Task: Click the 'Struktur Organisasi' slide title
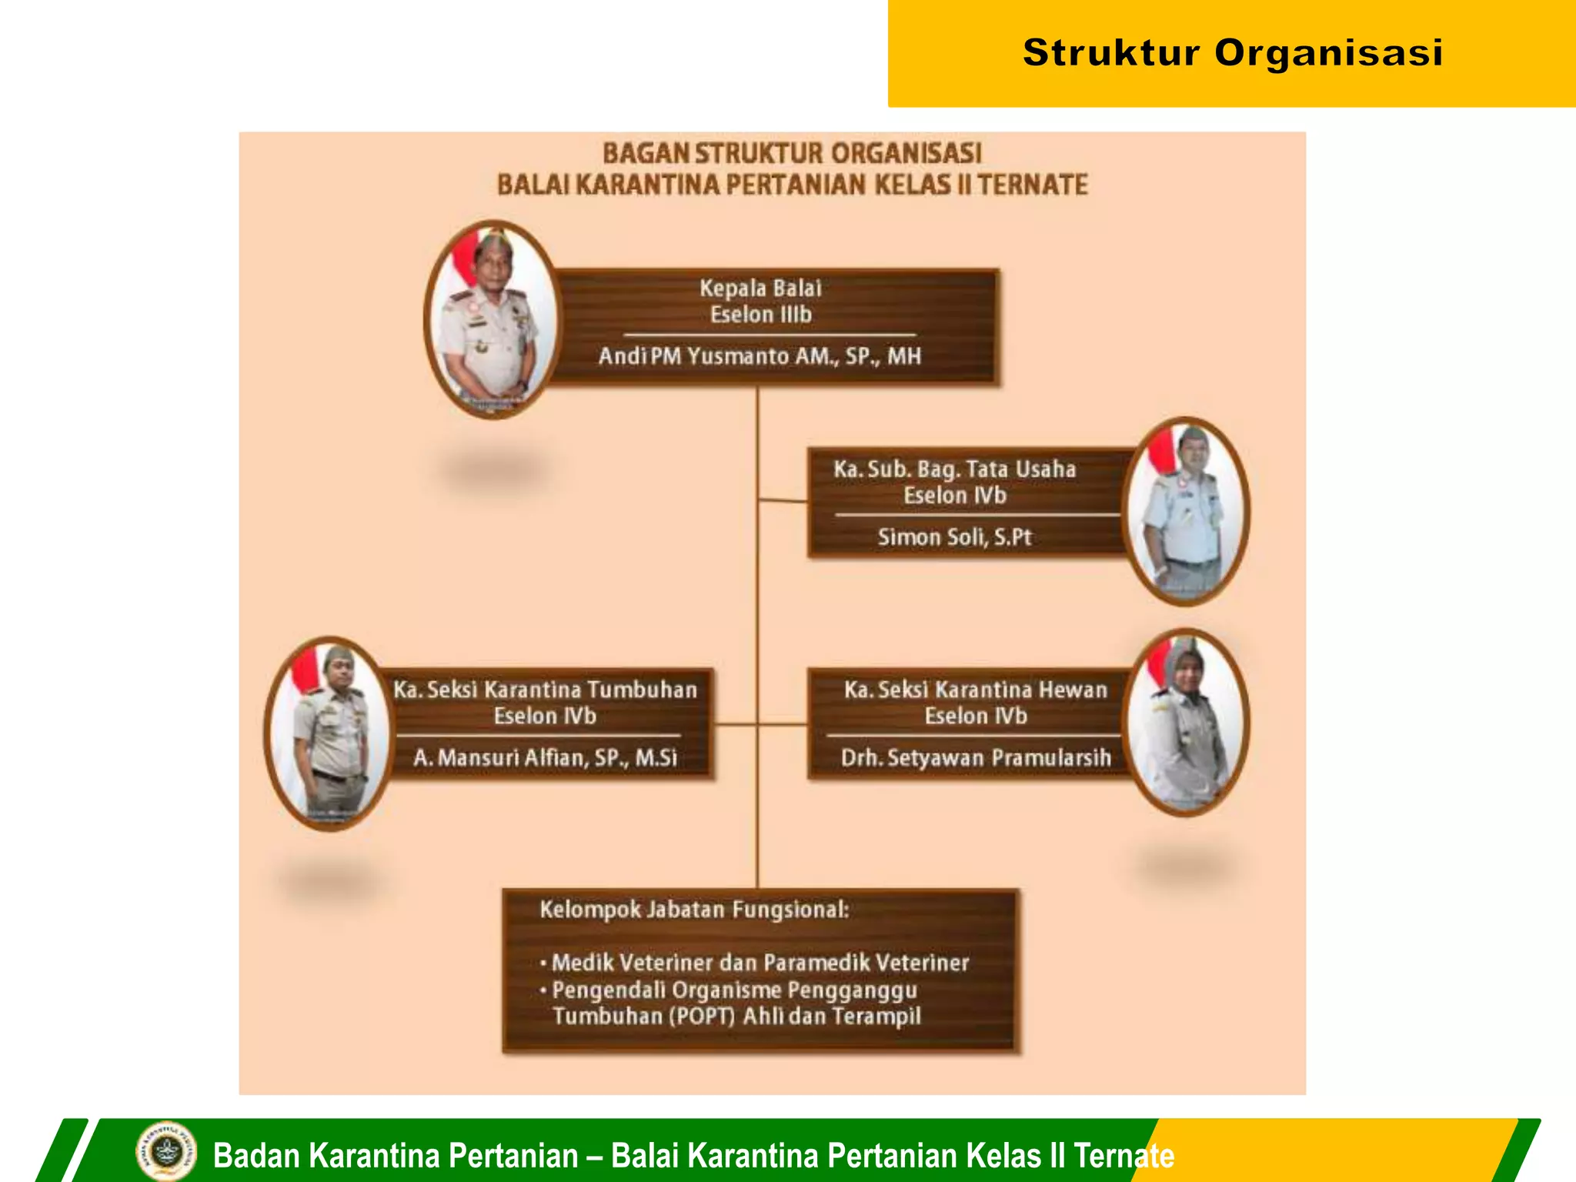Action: click(x=1232, y=53)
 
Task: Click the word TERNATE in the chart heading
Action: click(x=1033, y=185)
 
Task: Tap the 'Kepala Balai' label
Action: click(x=760, y=289)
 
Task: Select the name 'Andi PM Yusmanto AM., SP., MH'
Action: click(x=760, y=356)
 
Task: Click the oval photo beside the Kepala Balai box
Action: click(x=492, y=319)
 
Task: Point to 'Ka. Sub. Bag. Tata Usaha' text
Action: click(x=954, y=469)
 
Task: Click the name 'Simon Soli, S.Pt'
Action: click(x=954, y=537)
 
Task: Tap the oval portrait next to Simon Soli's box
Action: click(x=1186, y=512)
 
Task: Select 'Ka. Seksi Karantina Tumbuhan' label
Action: click(x=545, y=689)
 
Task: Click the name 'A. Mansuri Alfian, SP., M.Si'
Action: click(x=545, y=758)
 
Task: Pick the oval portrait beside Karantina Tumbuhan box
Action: click(x=329, y=733)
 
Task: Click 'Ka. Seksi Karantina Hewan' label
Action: click(x=975, y=689)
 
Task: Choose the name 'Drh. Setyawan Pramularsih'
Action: click(x=975, y=758)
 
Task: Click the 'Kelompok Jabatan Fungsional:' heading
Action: click(x=694, y=910)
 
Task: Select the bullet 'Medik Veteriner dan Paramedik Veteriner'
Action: click(x=760, y=963)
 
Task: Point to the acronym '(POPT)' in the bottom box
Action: click(x=702, y=1017)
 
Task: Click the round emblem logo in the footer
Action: click(x=165, y=1152)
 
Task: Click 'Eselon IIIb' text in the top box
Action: click(x=760, y=315)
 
